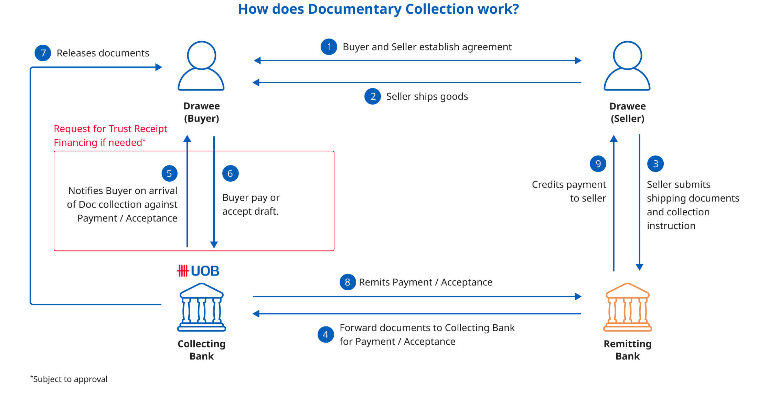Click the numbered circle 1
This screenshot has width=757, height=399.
tap(329, 47)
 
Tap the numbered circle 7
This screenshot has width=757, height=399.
tap(43, 53)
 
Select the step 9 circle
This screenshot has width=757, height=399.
tap(598, 164)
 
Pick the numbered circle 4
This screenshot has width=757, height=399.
tap(326, 335)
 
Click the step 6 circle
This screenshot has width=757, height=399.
tap(230, 173)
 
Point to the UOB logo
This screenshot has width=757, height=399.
tap(198, 271)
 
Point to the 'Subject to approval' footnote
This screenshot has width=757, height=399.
tap(69, 379)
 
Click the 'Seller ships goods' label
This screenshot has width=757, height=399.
tap(427, 96)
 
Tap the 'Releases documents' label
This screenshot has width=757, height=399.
tap(103, 53)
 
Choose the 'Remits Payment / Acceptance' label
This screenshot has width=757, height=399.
tap(426, 282)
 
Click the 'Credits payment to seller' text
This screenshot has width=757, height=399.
tap(569, 191)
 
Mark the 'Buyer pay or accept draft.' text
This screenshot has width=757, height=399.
tap(251, 204)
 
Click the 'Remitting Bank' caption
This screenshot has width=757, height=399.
tap(628, 350)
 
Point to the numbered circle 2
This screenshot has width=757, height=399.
tap(373, 96)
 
